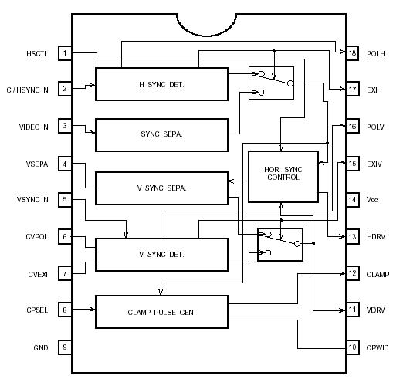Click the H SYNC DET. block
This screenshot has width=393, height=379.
pyautogui.click(x=161, y=83)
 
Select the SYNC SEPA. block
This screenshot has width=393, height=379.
pyautogui.click(x=161, y=134)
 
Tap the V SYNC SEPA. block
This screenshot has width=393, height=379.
pyautogui.click(x=161, y=188)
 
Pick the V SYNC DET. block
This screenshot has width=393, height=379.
pyautogui.click(x=161, y=254)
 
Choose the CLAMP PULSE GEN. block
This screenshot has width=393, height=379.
pyautogui.click(x=161, y=312)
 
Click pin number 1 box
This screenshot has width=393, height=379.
pyautogui.click(x=66, y=53)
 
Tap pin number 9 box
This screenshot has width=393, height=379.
pyautogui.click(x=66, y=347)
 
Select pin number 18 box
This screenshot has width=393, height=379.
pyautogui.click(x=352, y=53)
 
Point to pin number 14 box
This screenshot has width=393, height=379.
pyautogui.click(x=352, y=200)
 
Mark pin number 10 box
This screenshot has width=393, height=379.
pyautogui.click(x=352, y=347)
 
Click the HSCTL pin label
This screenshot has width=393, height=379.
pyautogui.click(x=36, y=53)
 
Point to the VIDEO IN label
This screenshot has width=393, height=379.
pyautogui.click(x=33, y=127)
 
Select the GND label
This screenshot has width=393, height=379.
pyautogui.click(x=40, y=347)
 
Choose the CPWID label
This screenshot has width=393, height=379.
pyautogui.click(x=378, y=347)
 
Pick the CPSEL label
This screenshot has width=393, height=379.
pyautogui.click(x=36, y=310)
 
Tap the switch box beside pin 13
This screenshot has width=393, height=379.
pyautogui.click(x=280, y=245)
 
